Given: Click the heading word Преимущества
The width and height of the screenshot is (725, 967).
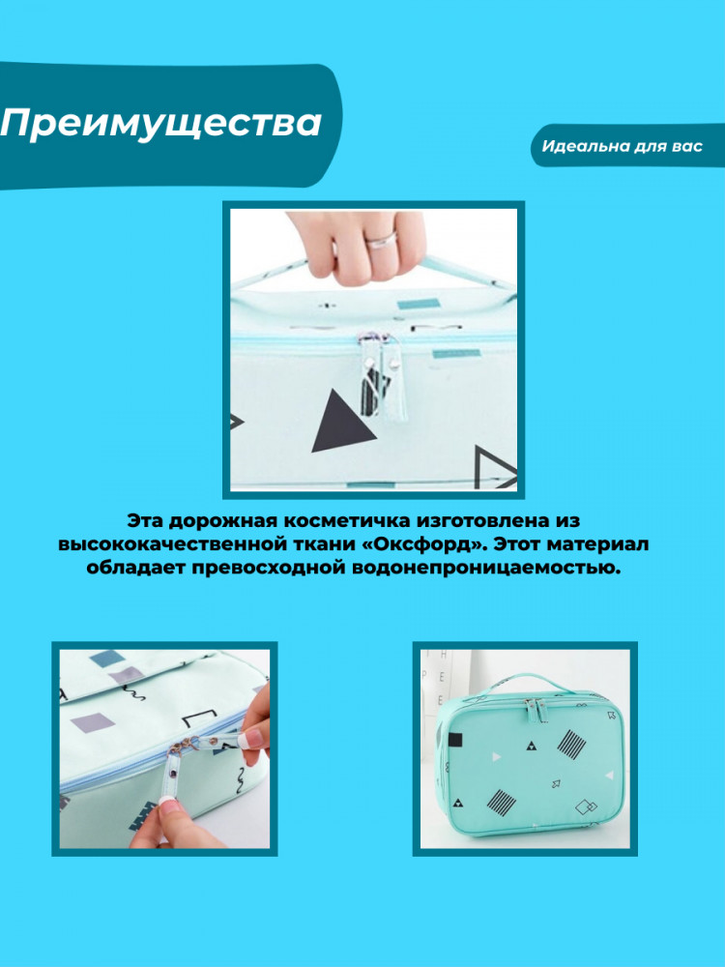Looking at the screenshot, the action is click(x=161, y=124).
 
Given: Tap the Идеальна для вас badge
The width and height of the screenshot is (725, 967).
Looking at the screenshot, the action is click(x=623, y=146).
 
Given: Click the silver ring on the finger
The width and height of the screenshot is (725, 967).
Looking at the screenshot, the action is click(x=382, y=237).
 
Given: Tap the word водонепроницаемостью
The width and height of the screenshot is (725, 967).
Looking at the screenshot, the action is click(x=486, y=568).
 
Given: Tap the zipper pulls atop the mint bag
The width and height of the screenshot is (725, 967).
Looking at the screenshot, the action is click(x=536, y=710).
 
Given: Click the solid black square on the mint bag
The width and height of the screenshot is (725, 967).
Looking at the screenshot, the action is click(x=455, y=740).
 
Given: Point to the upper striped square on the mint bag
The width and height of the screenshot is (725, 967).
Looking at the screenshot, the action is click(x=571, y=744).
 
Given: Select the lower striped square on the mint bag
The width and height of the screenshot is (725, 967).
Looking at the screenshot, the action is click(x=501, y=801).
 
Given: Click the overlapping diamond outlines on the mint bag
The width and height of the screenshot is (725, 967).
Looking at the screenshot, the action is click(x=586, y=806).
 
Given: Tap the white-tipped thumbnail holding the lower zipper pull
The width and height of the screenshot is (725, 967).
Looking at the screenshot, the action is click(x=171, y=805).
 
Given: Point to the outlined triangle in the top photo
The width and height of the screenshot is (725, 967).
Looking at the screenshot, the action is click(x=496, y=467).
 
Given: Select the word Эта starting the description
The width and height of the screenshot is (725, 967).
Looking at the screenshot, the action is click(x=145, y=521).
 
